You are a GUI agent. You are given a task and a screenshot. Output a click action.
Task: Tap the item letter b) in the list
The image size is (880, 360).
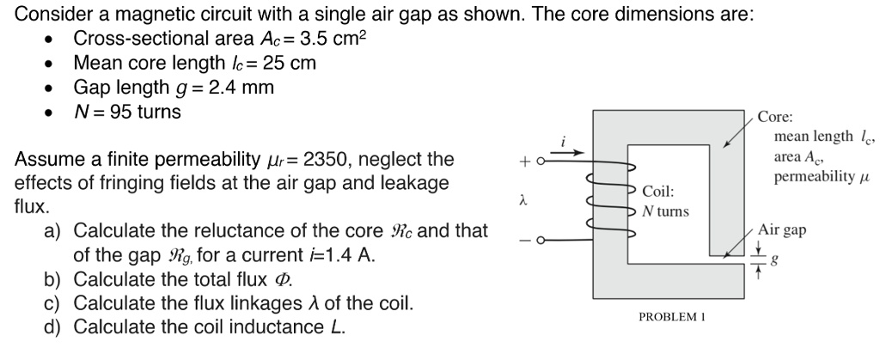click(54, 279)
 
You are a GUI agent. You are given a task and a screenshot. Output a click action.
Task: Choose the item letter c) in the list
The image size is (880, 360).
click(54, 303)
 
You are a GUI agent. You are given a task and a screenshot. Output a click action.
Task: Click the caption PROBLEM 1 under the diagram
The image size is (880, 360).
click(671, 317)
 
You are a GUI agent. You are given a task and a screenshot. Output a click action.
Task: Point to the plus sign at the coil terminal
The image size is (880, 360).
click(523, 161)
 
